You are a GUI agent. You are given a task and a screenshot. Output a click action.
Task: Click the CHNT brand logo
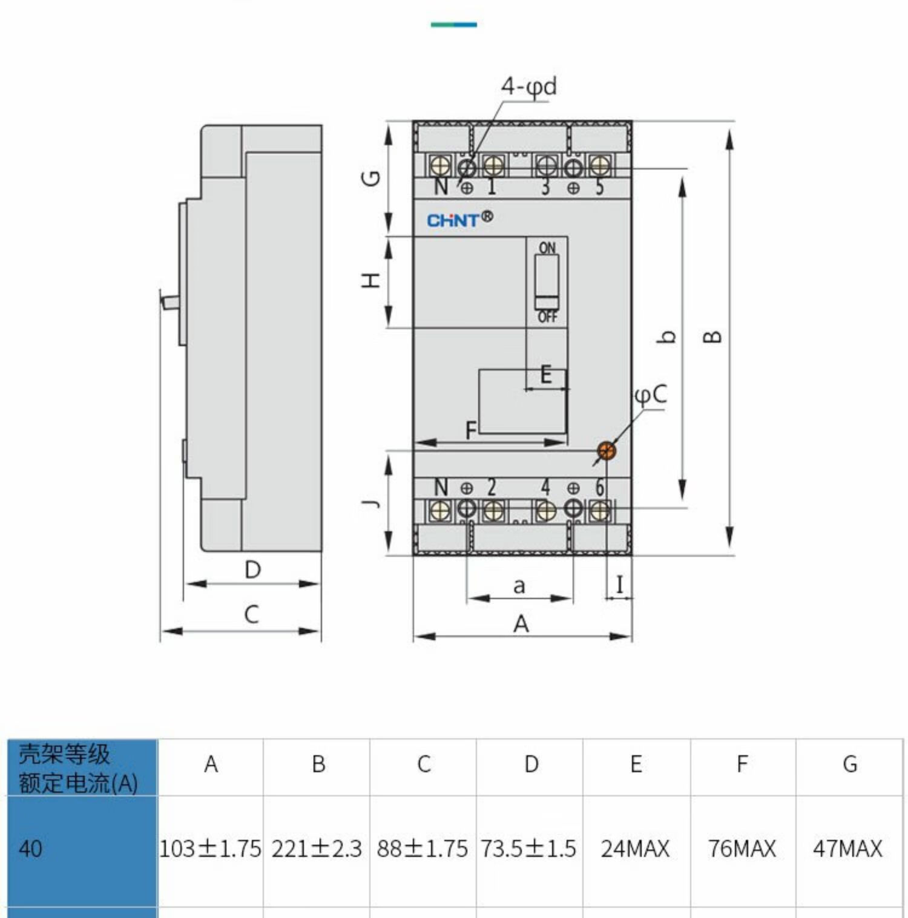[460, 219]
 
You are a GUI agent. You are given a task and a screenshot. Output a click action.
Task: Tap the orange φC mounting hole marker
[607, 450]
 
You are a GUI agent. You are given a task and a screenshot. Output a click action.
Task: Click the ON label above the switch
[547, 248]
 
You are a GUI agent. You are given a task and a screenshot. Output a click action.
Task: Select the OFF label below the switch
[547, 316]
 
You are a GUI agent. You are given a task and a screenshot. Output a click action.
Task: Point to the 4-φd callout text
[528, 87]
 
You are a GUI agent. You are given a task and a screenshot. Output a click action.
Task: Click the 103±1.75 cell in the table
[210, 848]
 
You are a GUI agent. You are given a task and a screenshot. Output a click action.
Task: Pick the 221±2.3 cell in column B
[317, 848]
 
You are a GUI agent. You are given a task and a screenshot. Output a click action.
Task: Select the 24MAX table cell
[635, 848]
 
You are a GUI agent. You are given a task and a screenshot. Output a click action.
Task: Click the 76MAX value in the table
[742, 848]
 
